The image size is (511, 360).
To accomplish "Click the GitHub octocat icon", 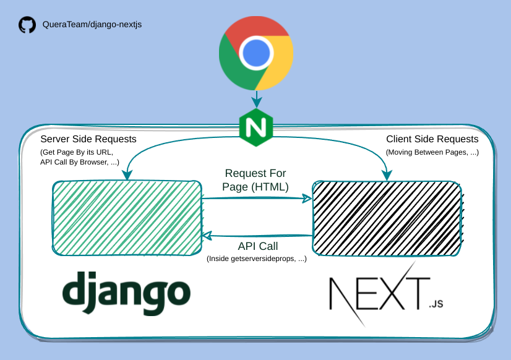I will pos(27,25).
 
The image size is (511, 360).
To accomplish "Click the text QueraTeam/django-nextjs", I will pos(92,25).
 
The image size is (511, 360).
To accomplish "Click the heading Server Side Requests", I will pos(88,139).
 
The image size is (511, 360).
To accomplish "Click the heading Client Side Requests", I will pos(432,139).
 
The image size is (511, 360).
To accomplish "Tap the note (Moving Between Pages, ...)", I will pos(432,152).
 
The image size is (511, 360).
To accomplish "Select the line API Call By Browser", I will pos(79,162).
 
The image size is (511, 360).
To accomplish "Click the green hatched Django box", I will pos(127,217).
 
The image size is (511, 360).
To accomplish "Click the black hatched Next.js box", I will pos(387,217).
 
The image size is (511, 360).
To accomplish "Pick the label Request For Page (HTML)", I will pos(255,180).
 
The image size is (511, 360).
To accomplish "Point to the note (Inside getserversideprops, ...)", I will pos(256,259).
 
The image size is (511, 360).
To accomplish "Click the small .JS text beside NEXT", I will pos(436,304).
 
